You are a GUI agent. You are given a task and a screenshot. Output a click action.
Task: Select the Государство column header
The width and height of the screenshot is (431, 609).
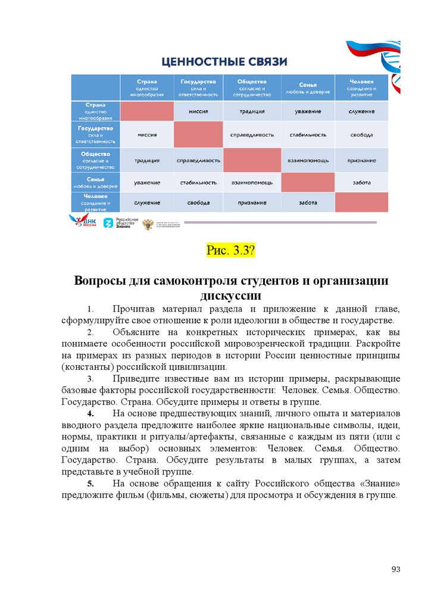[198, 87]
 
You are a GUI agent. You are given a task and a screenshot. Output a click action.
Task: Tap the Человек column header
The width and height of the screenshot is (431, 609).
[361, 87]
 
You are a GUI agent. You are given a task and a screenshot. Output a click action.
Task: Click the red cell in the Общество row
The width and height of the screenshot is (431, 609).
[251, 160]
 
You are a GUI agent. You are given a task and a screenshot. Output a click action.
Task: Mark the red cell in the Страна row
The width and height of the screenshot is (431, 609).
[147, 111]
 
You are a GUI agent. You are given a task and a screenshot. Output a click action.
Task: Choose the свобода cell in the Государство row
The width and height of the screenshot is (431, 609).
[361, 135]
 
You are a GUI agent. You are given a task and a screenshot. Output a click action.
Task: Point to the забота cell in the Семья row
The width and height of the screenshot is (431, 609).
[361, 183]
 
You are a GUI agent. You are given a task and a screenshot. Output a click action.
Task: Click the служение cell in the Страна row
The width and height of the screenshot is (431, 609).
[361, 111]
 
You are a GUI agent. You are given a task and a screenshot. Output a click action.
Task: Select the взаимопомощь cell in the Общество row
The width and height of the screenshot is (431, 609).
[308, 160]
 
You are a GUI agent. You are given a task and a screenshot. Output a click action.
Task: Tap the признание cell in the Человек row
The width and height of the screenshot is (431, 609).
[251, 203]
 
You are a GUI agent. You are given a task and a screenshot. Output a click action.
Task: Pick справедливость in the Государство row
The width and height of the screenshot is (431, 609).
[251, 135]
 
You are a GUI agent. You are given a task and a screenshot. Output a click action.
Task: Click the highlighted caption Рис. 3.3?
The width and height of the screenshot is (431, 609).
[230, 250]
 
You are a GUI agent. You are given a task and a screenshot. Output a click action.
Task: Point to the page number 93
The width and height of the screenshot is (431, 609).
[395, 570]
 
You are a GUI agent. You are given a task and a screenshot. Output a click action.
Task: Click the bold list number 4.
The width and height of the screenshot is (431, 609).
[89, 413]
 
